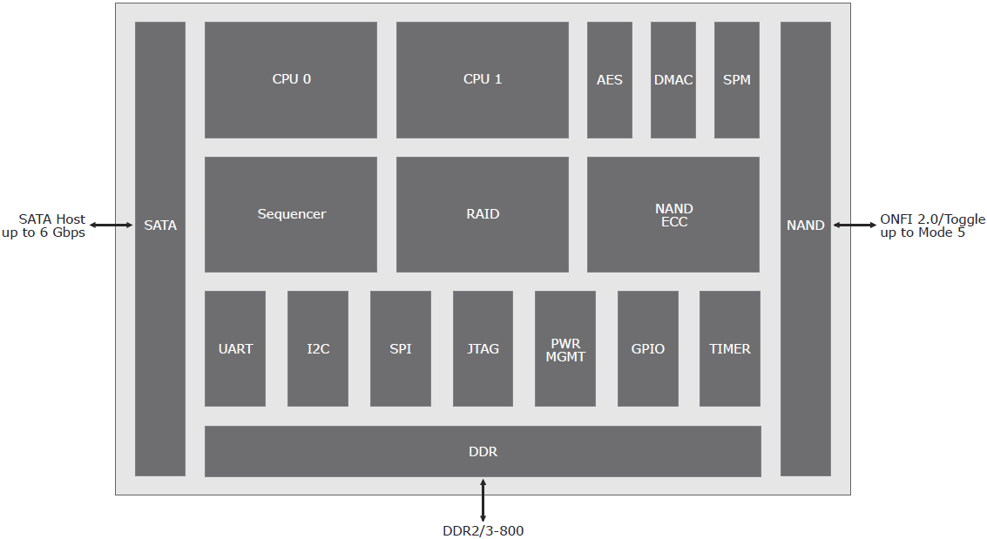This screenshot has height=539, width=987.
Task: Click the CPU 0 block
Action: point(291,80)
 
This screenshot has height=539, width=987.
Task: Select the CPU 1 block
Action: point(482,80)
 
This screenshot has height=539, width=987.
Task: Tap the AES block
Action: point(609,80)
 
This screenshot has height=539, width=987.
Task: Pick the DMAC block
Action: point(673,80)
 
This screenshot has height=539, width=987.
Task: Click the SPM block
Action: point(736,80)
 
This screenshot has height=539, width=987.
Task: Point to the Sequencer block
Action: point(291,214)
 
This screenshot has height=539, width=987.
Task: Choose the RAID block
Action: point(482,214)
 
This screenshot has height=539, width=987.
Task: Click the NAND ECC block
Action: point(673,214)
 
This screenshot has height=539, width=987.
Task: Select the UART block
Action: point(235,348)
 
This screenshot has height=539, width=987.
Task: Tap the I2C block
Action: point(318,348)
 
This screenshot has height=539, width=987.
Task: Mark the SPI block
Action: point(401,348)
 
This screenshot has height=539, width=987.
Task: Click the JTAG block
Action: point(483,348)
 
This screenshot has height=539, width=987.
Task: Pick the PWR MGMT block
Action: point(565,348)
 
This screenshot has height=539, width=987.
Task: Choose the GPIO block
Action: point(648,348)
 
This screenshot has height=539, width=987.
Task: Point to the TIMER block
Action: point(729,348)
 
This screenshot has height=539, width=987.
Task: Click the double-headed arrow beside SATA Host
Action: point(111,225)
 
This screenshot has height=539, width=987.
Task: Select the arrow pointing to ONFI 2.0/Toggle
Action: point(855,225)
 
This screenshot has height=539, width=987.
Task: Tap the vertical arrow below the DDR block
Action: point(483,500)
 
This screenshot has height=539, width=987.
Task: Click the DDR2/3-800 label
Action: point(483,531)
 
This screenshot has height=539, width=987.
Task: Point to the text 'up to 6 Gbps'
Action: point(44,232)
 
